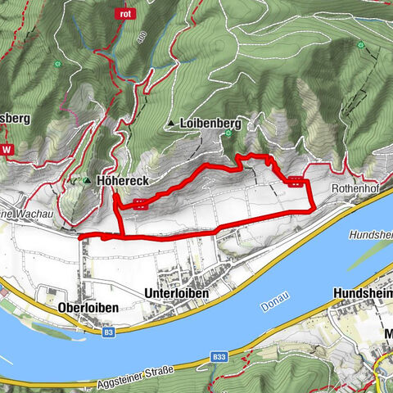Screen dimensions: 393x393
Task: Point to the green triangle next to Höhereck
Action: coord(88,178)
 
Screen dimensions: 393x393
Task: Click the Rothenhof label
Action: coord(354,187)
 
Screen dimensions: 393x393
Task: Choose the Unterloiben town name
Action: coord(177,293)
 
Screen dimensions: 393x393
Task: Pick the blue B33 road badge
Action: coord(218,357)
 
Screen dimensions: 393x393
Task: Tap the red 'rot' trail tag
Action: coord(125,14)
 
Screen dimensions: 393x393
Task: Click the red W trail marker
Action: coord(7,150)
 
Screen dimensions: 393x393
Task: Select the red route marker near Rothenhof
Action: coord(295,183)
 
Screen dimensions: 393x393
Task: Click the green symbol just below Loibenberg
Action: coord(228,133)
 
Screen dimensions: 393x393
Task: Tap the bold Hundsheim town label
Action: coord(363,293)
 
